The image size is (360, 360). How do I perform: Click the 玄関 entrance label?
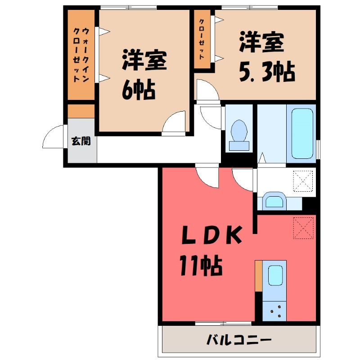(81, 141)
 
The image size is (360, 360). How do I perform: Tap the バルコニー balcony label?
(239, 340)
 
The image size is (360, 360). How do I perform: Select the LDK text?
(211, 235)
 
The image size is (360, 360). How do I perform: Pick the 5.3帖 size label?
(267, 72)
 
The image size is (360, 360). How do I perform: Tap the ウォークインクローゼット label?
(81, 55)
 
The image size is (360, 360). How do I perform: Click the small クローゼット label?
(202, 39)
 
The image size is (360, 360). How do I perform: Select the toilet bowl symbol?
(239, 135)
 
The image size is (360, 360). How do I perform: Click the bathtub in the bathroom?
(302, 134)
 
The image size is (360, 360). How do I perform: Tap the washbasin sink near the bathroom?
(274, 200)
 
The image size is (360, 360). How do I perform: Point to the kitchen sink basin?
(275, 275)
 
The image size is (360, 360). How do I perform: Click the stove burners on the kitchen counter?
(275, 311)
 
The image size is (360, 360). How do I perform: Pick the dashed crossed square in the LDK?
(303, 228)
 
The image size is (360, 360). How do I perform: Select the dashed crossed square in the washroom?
(303, 181)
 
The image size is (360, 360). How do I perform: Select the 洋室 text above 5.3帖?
(261, 42)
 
